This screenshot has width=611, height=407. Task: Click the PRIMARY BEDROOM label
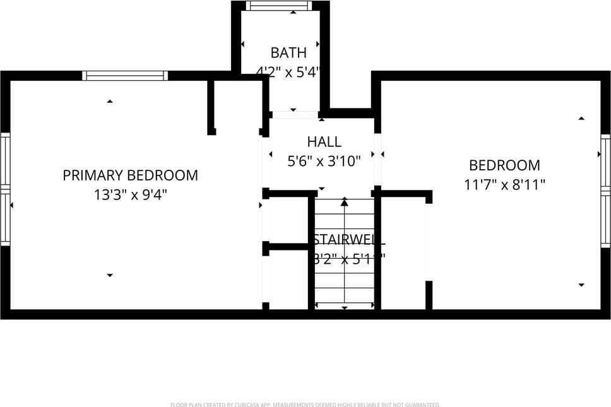(130, 175)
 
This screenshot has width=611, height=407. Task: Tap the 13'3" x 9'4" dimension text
(130, 195)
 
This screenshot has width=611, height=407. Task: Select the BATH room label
(288, 52)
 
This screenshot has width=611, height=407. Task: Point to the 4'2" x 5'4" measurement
(288, 72)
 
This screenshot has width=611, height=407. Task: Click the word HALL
(324, 142)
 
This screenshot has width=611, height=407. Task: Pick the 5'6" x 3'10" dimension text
(324, 162)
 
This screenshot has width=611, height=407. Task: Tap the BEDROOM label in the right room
(504, 165)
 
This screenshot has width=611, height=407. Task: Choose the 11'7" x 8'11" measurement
(504, 185)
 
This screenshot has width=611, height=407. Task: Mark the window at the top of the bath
(279, 6)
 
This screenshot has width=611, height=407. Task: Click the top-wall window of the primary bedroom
(126, 76)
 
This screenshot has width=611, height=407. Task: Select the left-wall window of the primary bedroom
(5, 189)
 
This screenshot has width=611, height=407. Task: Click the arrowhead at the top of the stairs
(345, 203)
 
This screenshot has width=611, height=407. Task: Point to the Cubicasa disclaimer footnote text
(305, 404)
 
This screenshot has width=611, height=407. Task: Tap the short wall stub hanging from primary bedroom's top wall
(211, 107)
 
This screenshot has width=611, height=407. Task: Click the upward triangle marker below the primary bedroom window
(110, 101)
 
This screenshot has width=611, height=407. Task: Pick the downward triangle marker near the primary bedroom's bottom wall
(110, 275)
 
